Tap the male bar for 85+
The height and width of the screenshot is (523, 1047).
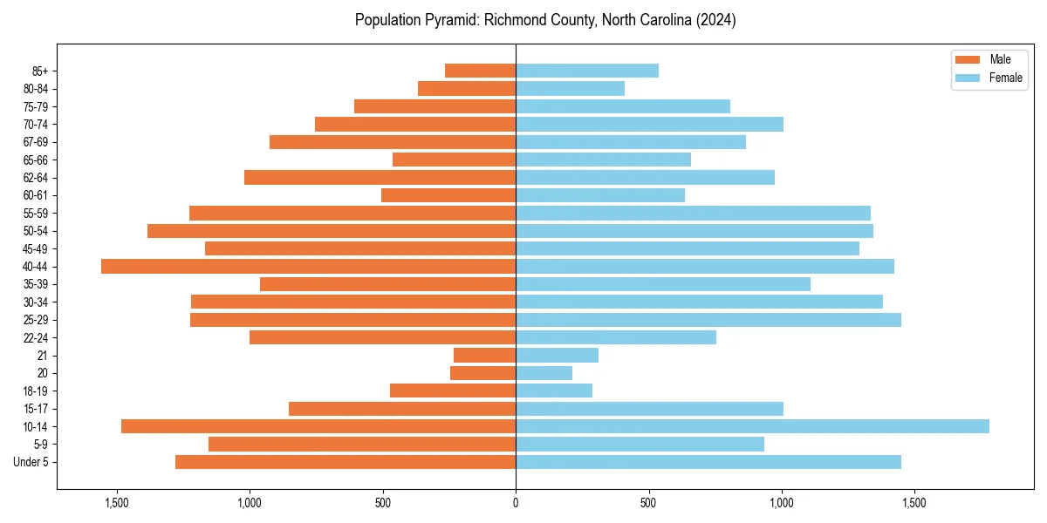480,71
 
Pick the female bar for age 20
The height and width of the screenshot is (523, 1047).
544,373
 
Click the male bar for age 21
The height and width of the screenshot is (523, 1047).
484,355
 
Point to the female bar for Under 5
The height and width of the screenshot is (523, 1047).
708,462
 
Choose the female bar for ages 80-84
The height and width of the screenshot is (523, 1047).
570,89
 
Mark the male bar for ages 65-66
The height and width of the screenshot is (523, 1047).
454,160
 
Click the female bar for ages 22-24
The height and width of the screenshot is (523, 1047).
615,337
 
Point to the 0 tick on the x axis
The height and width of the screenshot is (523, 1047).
516,503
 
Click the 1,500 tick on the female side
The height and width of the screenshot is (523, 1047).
914,503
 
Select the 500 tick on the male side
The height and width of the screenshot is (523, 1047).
383,503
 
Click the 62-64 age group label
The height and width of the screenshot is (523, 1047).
36,178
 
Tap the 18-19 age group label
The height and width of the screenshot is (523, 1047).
36,391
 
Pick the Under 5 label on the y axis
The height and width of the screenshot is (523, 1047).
31,462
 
